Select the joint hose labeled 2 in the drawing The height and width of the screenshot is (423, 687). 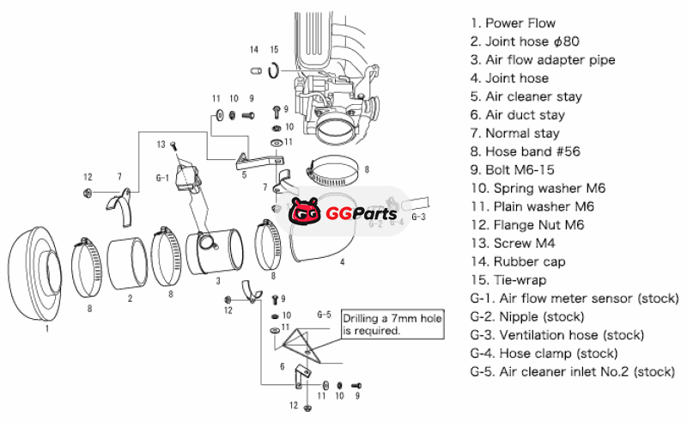pyautogui.click(x=130, y=261)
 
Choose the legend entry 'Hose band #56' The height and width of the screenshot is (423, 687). pyautogui.click(x=525, y=151)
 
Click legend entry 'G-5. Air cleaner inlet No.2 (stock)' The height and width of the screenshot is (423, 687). pyautogui.click(x=573, y=371)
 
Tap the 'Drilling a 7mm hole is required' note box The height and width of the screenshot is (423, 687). pyautogui.click(x=394, y=324)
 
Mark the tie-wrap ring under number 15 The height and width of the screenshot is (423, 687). pyautogui.click(x=274, y=70)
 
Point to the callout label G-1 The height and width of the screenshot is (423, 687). pyautogui.click(x=162, y=178)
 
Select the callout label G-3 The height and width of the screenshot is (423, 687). pyautogui.click(x=418, y=217)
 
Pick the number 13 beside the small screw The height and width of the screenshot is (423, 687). pyautogui.click(x=161, y=144)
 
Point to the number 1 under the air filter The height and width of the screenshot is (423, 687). pyautogui.click(x=47, y=327)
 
